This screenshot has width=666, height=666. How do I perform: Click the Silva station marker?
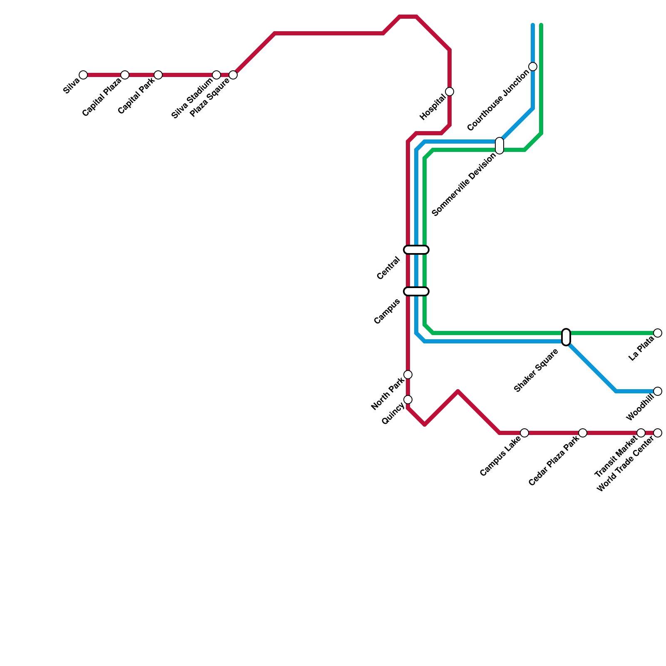click(x=83, y=75)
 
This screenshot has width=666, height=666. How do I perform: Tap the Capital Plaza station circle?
click(x=125, y=75)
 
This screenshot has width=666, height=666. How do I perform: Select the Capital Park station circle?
click(x=158, y=75)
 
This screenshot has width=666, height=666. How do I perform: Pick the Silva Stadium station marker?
click(x=216, y=75)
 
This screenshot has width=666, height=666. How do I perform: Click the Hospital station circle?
click(x=450, y=92)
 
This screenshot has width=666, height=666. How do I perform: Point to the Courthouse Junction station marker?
click(x=533, y=67)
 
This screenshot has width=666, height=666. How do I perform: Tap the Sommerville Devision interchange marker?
click(x=499, y=146)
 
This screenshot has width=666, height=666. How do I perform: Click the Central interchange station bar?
click(x=416, y=250)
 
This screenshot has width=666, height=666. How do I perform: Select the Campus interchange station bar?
click(x=416, y=291)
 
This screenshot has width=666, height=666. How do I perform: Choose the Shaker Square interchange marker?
click(x=566, y=337)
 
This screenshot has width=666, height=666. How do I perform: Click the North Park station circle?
click(x=408, y=375)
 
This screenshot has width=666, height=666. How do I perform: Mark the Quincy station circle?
click(x=408, y=400)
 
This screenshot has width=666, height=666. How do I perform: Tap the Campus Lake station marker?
click(x=524, y=433)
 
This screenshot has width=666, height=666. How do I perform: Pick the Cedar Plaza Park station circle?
click(x=583, y=433)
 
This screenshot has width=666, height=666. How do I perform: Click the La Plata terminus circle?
click(x=658, y=333)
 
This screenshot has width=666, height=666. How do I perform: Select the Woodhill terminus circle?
click(x=658, y=391)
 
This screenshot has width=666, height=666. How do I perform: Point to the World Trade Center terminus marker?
click(x=658, y=433)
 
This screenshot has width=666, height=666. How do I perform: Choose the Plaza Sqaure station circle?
click(x=233, y=75)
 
